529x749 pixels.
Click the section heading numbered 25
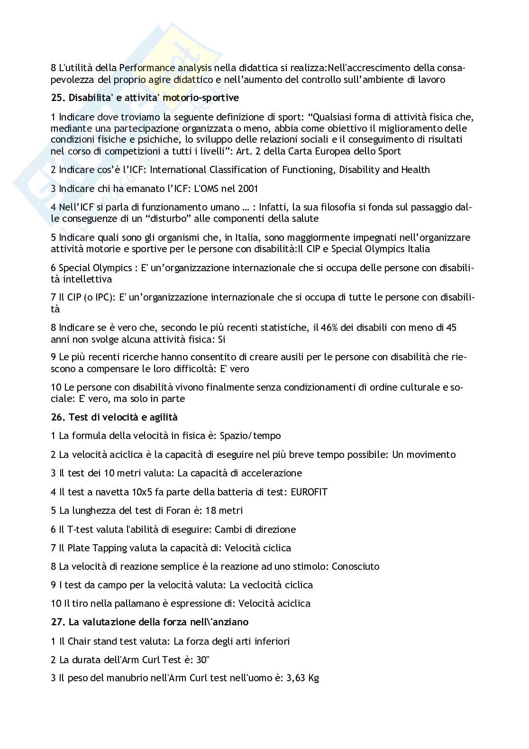click(x=145, y=98)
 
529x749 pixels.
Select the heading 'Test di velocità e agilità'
click(x=114, y=417)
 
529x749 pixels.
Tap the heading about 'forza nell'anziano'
click(x=150, y=621)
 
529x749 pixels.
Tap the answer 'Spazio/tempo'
click(x=250, y=436)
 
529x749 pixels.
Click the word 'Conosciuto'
click(x=356, y=566)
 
